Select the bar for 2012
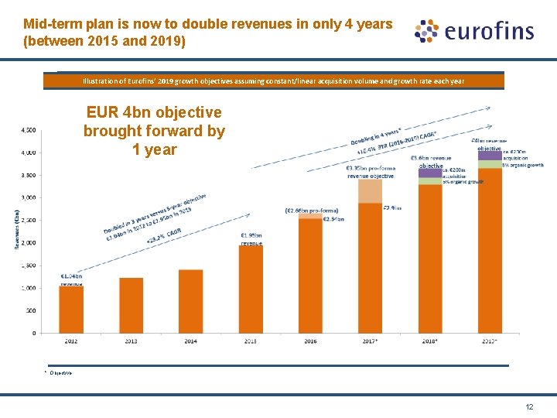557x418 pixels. click(71, 310)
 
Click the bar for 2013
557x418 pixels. click(132, 306)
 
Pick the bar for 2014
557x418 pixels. click(191, 301)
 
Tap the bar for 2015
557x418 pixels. click(251, 290)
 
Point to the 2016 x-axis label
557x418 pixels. click(310, 340)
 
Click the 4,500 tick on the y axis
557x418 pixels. click(27, 129)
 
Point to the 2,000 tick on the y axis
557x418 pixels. click(27, 243)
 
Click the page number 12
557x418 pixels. click(529, 406)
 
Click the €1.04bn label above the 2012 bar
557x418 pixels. click(71, 276)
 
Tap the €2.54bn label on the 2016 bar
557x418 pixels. click(333, 219)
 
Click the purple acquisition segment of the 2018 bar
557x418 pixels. click(429, 173)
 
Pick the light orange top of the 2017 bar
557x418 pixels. click(370, 190)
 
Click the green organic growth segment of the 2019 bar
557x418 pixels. click(489, 164)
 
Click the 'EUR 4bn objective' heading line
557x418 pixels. click(153, 112)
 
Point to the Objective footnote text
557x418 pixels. click(61, 373)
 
